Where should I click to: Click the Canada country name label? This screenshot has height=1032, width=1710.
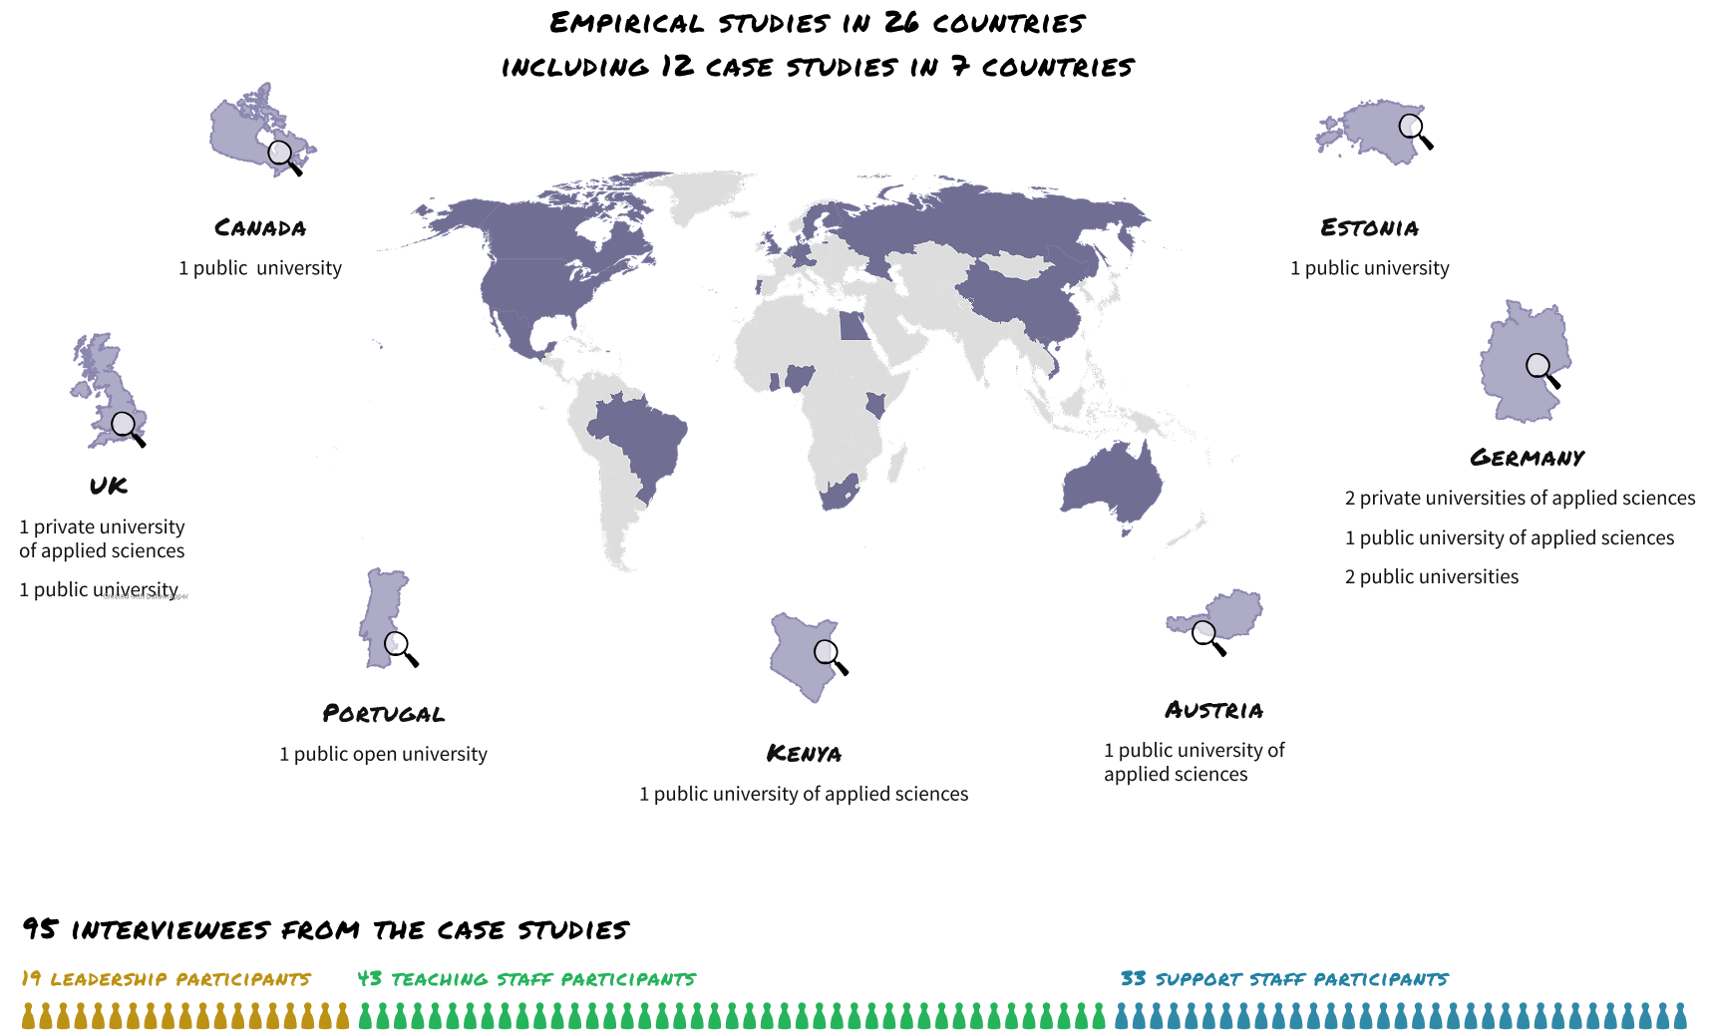point(260,228)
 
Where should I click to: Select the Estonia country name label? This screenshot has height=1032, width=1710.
point(1369,228)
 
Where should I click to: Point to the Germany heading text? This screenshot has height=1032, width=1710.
point(1527,458)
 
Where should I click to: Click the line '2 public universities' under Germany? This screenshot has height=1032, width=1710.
point(1431,577)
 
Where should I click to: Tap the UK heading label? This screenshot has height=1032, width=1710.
point(108,486)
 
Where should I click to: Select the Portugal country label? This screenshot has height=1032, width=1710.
point(383,714)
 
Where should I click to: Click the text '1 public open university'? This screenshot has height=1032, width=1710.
point(383,755)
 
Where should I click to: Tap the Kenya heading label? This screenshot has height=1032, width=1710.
point(804,754)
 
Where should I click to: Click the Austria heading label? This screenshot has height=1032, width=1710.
point(1213,710)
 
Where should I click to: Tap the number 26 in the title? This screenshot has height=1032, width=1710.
point(901,22)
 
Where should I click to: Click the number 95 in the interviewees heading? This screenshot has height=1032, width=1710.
point(40,929)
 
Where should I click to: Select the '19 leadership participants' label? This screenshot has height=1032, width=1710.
point(166,979)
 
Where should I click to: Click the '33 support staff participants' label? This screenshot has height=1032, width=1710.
point(1283,979)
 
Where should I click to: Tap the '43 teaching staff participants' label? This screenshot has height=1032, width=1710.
point(526,979)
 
